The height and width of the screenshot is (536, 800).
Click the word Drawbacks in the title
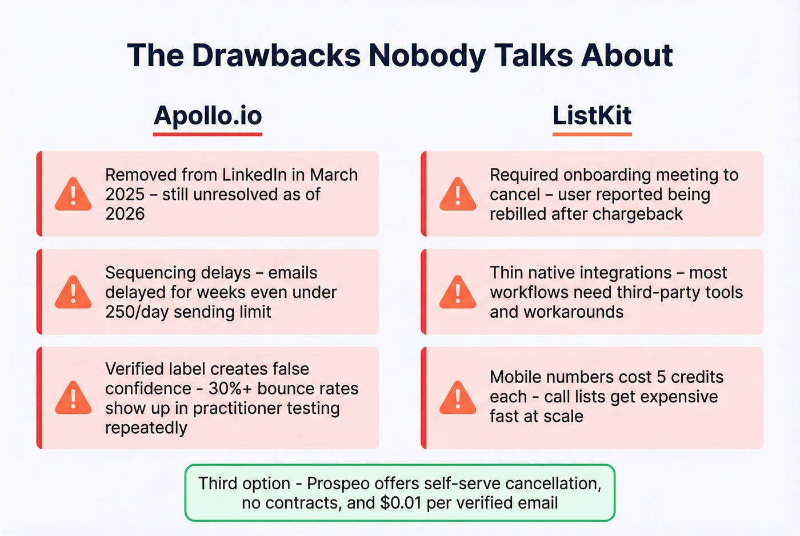click(x=276, y=55)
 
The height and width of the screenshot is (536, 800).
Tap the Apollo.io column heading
click(x=207, y=115)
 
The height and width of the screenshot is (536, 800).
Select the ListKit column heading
click(x=592, y=115)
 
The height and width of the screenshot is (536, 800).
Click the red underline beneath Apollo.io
click(x=207, y=134)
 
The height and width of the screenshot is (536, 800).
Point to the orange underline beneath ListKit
click(x=592, y=134)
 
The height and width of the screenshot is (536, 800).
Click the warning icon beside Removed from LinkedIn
click(x=73, y=194)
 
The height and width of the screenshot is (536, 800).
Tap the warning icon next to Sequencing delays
click(x=73, y=292)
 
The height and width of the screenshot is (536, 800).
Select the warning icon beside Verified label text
click(x=73, y=397)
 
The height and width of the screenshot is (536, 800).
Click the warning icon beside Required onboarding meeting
click(x=458, y=194)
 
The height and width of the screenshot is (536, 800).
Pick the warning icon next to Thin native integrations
click(x=458, y=292)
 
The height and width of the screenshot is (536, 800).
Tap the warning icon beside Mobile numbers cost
click(x=458, y=397)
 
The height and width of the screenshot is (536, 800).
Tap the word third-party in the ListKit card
click(x=659, y=292)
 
